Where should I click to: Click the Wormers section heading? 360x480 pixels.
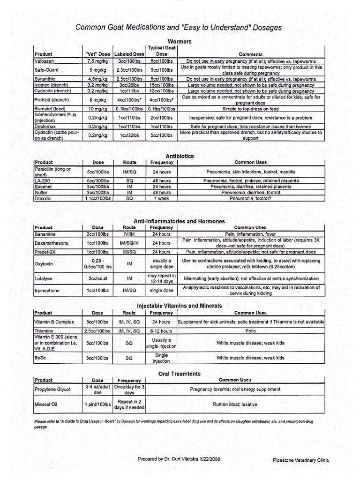(x=179, y=42)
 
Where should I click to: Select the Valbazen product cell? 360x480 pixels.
(x=45, y=61)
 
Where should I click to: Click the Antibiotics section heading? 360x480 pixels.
(x=180, y=156)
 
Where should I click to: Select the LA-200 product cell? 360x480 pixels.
(x=42, y=180)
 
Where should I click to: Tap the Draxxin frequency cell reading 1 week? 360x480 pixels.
(x=162, y=198)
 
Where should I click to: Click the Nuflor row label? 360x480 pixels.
(x=41, y=192)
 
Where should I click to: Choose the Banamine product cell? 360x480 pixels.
(x=45, y=233)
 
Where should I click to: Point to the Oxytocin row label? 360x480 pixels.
(x=45, y=264)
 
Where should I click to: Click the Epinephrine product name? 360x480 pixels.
(x=47, y=291)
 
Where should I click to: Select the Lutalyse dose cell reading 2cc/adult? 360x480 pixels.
(x=97, y=278)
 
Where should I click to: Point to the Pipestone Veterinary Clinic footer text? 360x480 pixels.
(x=301, y=460)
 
